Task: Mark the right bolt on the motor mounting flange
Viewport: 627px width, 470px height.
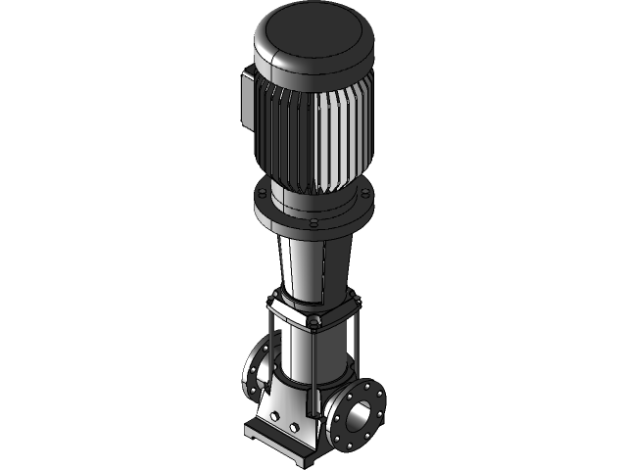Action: click(365, 197)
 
